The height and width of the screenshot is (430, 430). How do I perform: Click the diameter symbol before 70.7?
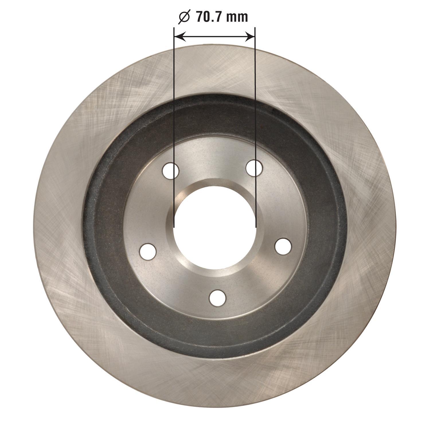(x=184, y=17)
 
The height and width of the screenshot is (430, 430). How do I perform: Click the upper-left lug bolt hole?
(x=171, y=171)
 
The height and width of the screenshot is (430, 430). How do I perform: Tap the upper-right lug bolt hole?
(x=254, y=168)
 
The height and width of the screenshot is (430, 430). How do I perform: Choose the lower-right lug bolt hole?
(x=283, y=246)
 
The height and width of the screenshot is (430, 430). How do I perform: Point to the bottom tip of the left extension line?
(x=174, y=227)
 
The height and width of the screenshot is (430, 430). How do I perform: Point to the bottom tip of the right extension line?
(x=255, y=227)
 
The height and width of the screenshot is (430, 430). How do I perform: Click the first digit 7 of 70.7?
(x=200, y=17)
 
